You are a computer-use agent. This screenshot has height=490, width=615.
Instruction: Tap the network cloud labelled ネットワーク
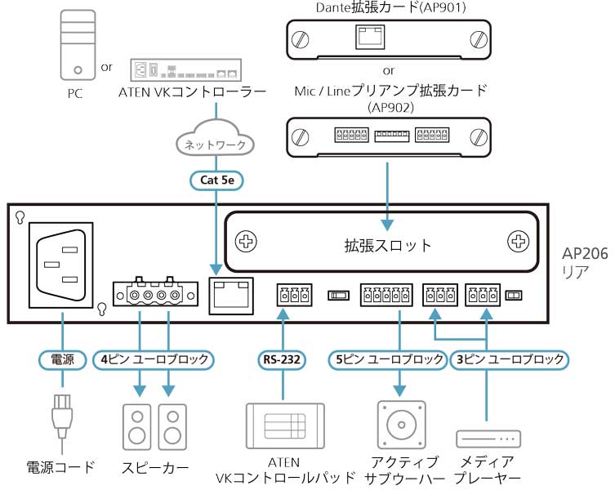coord(216,143)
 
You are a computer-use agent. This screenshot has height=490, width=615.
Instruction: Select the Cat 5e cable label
coord(216,180)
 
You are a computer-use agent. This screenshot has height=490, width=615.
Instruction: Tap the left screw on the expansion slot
coord(245,242)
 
